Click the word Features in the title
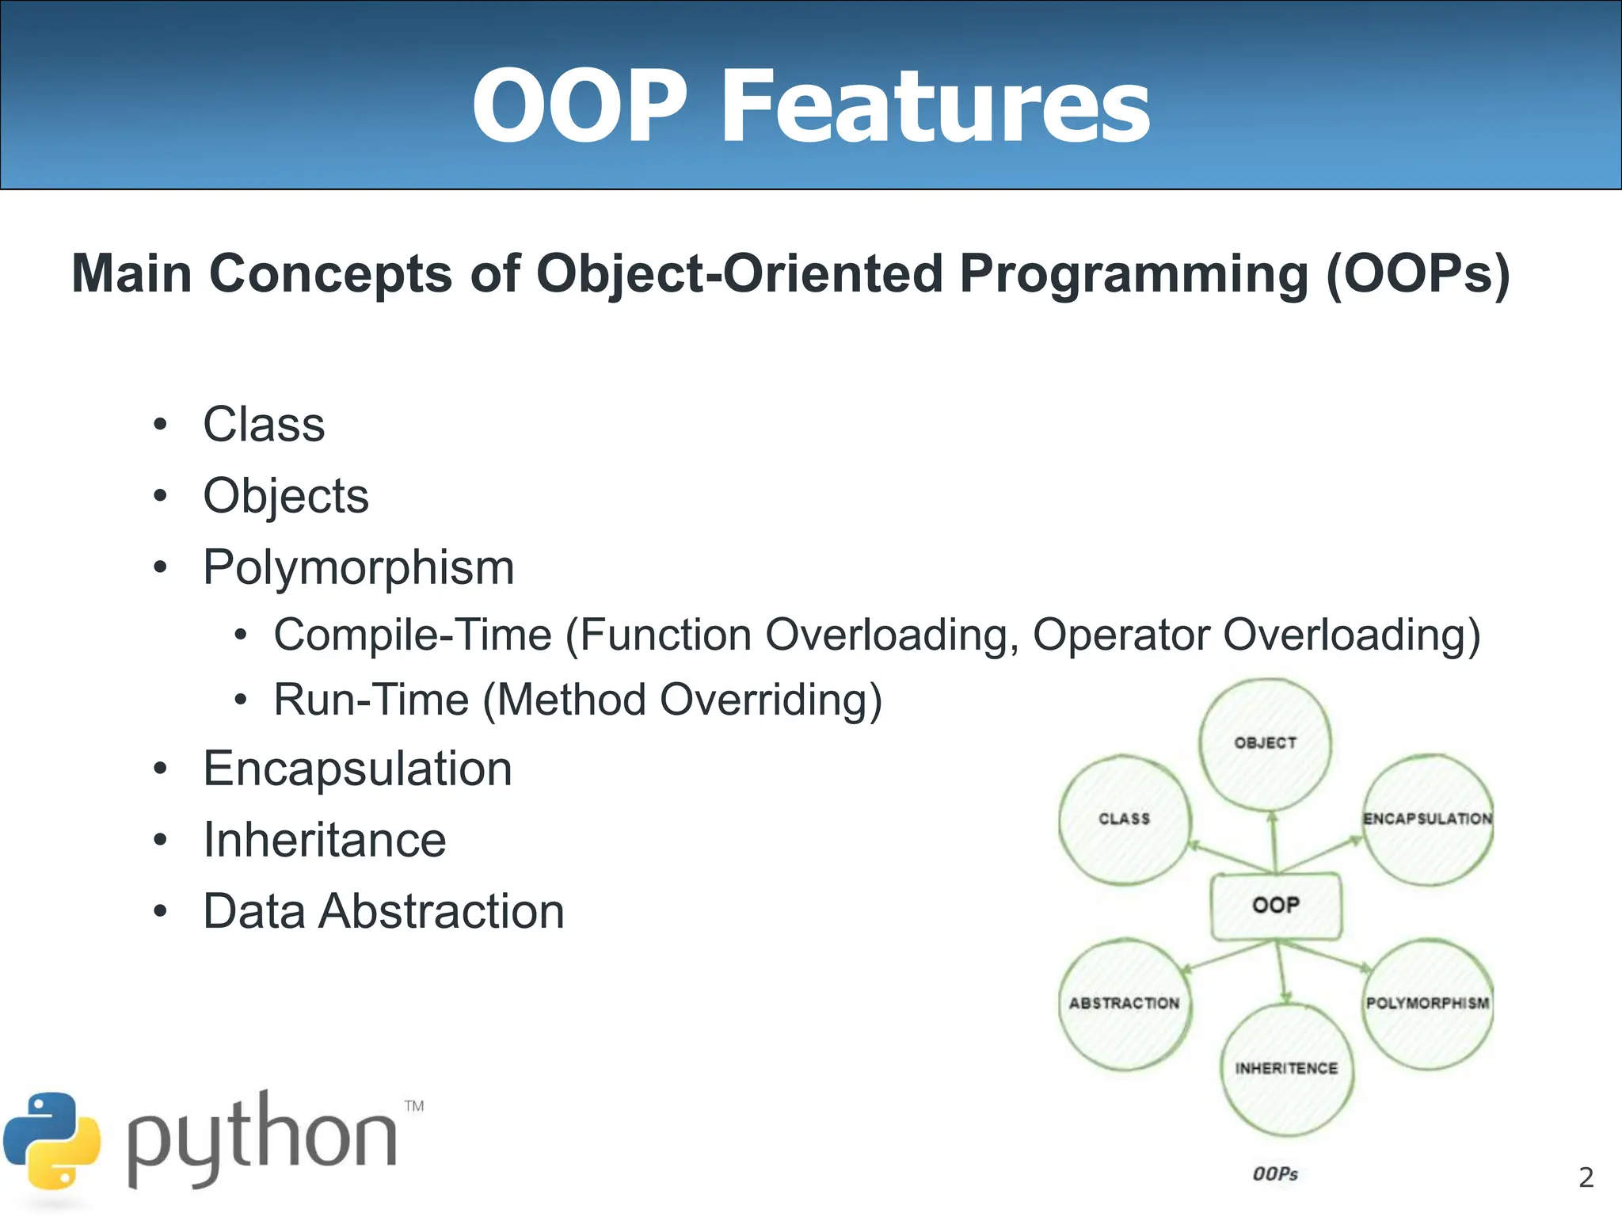click(x=935, y=107)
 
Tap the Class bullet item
click(x=264, y=425)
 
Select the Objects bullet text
click(x=286, y=497)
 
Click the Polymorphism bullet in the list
click(x=358, y=568)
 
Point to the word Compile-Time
click(x=412, y=635)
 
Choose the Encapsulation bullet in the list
click(x=357, y=769)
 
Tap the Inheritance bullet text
click(x=325, y=841)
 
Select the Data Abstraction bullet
click(x=383, y=912)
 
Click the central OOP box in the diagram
click(x=1276, y=906)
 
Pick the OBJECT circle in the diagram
click(x=1265, y=743)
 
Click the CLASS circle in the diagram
click(x=1124, y=819)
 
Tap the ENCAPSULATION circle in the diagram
click(x=1427, y=819)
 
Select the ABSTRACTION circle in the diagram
click(x=1124, y=1004)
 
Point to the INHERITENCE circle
click(x=1286, y=1069)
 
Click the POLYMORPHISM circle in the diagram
click(x=1427, y=1004)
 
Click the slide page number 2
click(x=1586, y=1177)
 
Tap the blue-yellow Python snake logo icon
click(x=52, y=1141)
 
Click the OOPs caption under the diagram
click(x=1275, y=1174)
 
